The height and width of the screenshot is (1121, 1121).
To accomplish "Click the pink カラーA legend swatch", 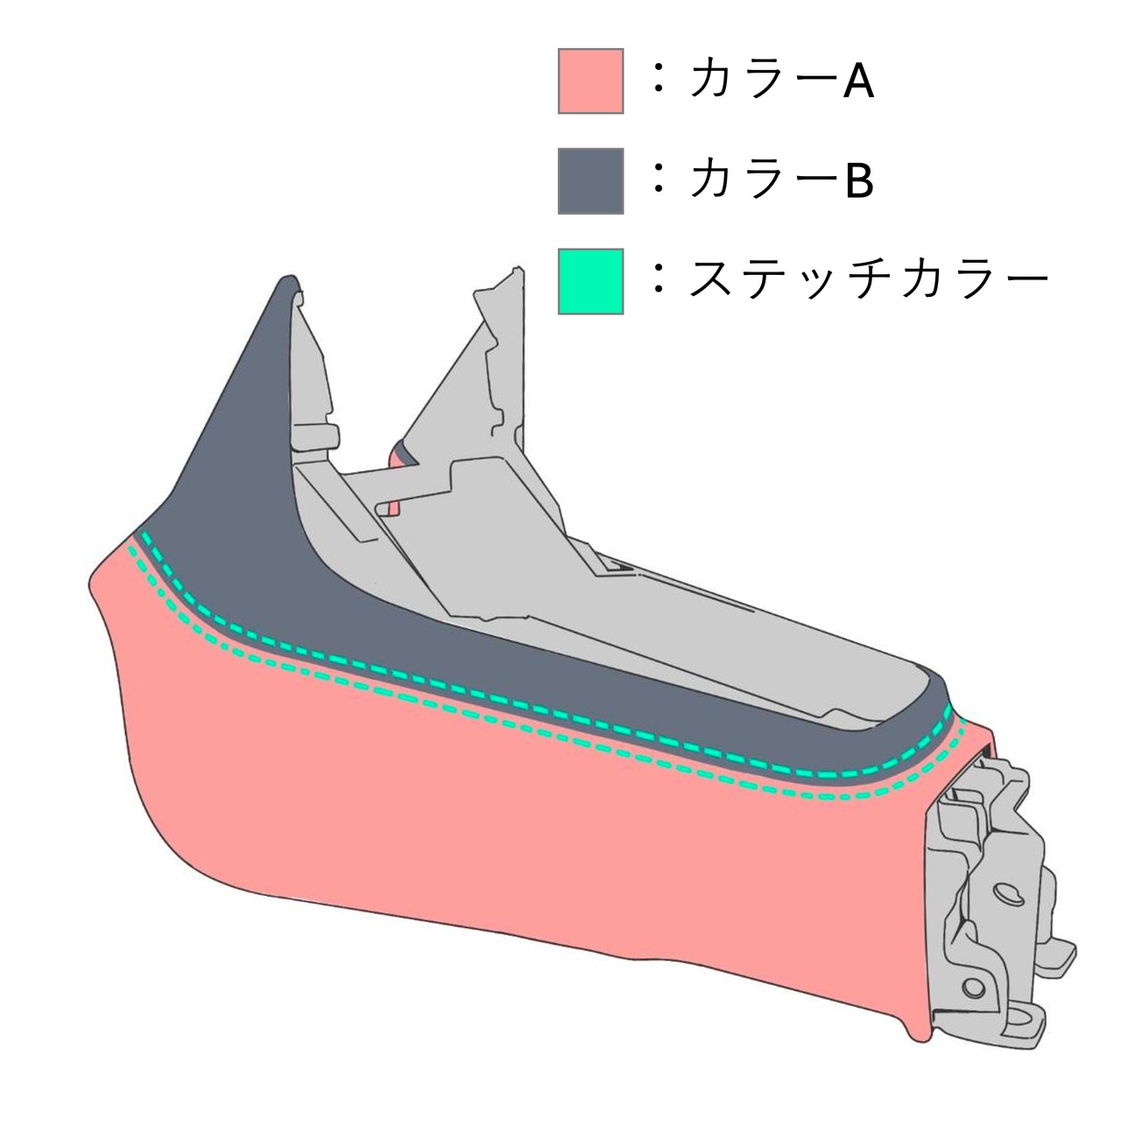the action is click(590, 81).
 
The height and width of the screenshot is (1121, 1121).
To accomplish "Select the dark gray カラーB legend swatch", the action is click(590, 180).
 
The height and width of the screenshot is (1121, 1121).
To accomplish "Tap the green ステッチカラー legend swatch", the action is click(590, 281).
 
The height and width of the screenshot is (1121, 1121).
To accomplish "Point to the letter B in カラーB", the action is click(858, 182).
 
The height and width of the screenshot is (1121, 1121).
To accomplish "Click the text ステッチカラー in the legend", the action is click(868, 280).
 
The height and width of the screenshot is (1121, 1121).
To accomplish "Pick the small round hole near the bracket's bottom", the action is click(970, 987).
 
